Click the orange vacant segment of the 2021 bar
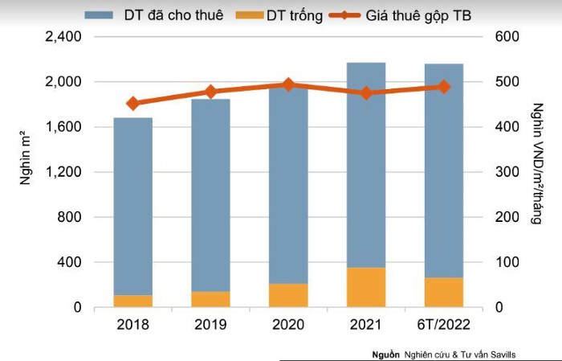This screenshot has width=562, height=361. (366, 287)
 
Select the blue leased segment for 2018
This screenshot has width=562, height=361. (133, 207)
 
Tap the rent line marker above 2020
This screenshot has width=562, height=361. (288, 85)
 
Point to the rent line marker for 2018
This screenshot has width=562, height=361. (133, 104)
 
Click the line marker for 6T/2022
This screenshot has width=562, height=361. (444, 87)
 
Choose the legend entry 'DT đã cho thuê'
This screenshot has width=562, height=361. (154, 15)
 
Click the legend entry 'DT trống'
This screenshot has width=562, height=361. (279, 15)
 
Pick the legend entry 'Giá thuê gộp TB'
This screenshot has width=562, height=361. (401, 15)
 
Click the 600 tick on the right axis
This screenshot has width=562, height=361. (507, 36)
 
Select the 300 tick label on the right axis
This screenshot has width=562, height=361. (507, 171)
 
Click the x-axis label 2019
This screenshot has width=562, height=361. (210, 324)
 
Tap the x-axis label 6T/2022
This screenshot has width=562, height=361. (443, 324)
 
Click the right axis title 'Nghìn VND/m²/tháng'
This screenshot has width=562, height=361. (537, 164)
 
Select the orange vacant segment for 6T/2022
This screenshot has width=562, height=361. (444, 292)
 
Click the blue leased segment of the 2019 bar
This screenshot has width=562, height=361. (210, 195)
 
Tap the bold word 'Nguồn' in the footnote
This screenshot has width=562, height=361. (385, 355)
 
